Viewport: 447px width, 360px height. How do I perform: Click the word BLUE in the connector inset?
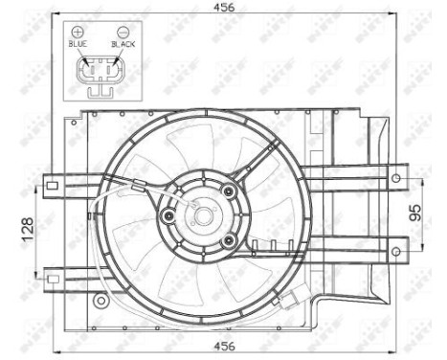[78, 44]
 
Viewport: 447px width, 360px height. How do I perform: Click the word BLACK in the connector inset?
[122, 44]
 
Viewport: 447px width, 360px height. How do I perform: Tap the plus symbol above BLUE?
[78, 32]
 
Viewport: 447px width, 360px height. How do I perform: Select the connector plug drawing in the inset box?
[100, 76]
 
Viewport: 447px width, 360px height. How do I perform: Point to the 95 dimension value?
[414, 213]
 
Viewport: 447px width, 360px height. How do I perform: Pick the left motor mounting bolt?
[169, 215]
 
